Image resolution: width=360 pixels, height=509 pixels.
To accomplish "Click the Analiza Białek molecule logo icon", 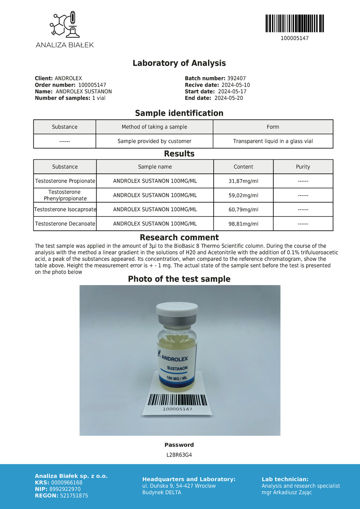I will pos(64,25).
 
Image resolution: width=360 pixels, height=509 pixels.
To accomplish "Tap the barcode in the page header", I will pos(294,23).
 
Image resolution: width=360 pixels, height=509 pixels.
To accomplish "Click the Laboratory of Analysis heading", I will pos(179,63).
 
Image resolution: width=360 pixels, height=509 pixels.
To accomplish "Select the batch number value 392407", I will pos(236,79).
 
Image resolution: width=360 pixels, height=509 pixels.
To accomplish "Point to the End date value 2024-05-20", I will pos(229,98).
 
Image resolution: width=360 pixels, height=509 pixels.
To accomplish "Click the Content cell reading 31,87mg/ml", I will pos(243,181).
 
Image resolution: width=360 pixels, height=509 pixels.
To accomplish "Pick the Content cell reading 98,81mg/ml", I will pos(243,224).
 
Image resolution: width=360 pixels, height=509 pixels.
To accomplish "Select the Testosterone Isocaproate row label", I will pos(65,210).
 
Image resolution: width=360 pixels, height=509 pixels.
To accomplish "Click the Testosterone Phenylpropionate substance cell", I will pos(65,195).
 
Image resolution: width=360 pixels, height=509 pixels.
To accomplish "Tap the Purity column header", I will pos(303,167).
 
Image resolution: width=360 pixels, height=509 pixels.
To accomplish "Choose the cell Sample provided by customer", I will pos(154,141).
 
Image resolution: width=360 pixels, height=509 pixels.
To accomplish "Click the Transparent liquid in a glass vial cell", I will pos(273,141).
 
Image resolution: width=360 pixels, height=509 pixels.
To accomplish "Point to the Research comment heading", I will pos(179,237).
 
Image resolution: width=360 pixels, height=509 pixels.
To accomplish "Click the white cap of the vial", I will pos(177,309).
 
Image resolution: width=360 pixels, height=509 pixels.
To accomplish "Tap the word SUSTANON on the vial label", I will pos(177,368).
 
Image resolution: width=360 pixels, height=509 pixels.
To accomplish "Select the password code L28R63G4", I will pos(179,455).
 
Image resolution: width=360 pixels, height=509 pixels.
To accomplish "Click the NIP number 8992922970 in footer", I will pos(66,489).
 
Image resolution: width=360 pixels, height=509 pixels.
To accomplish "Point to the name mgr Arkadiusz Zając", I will pos(286,493).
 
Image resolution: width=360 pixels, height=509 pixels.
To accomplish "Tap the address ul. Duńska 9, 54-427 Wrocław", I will pos(179,486).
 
